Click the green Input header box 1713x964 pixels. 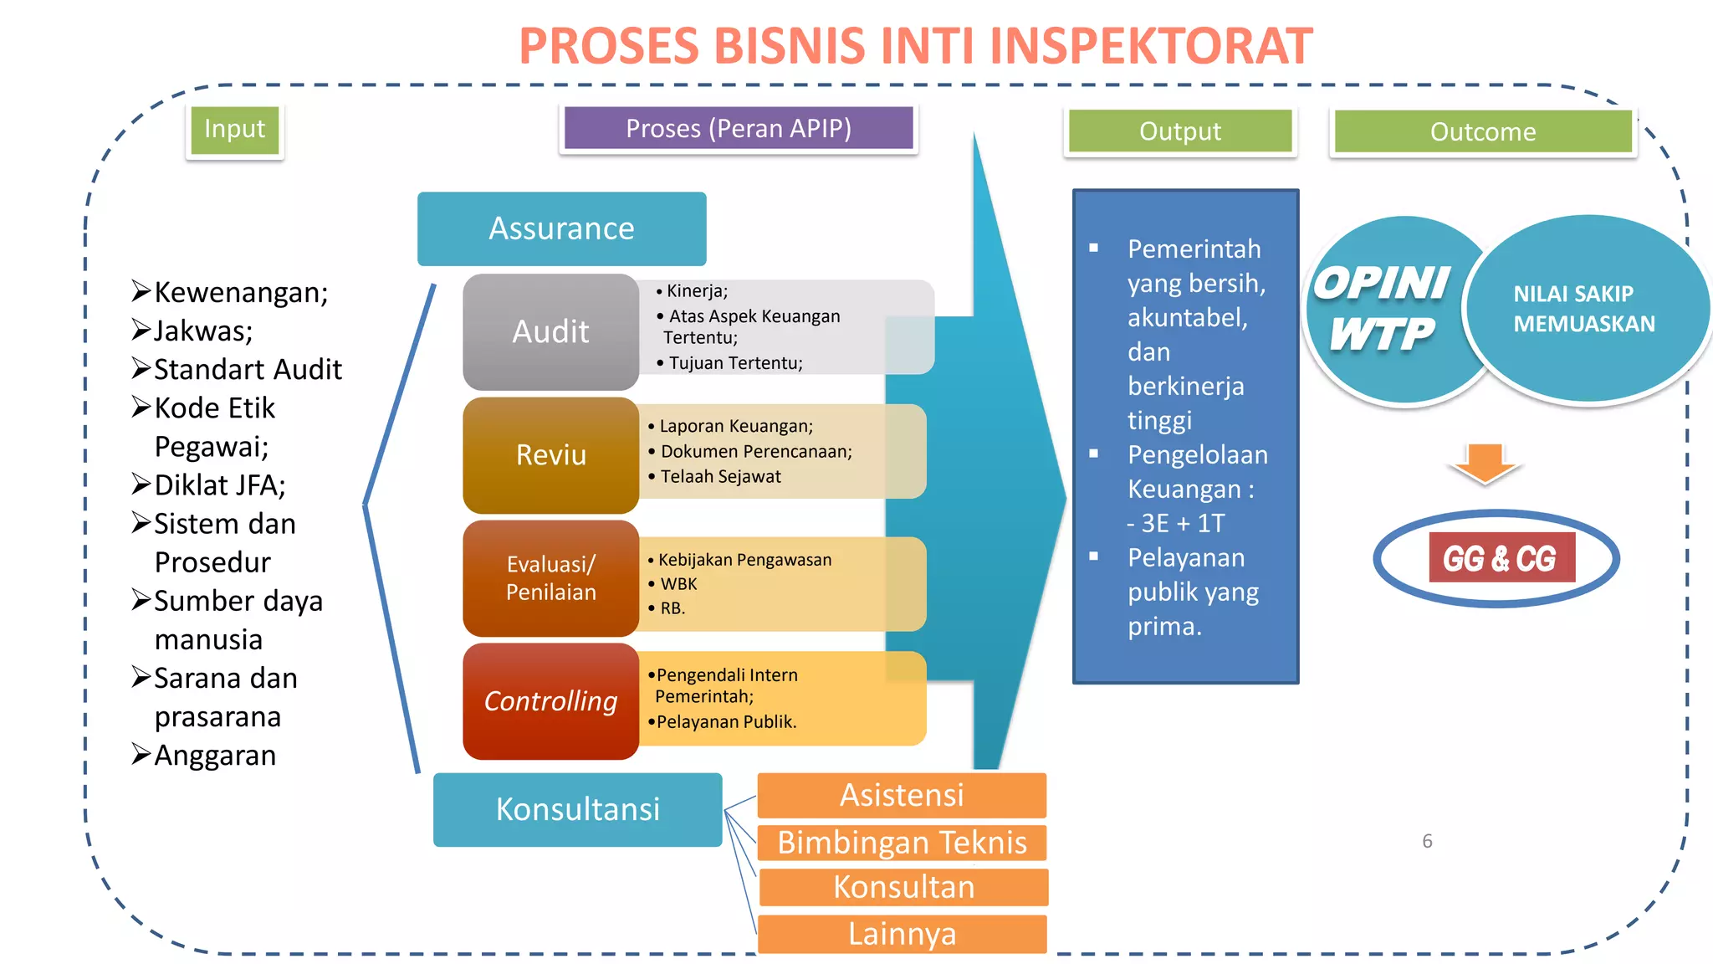(234, 130)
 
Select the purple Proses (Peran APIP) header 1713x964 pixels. (739, 129)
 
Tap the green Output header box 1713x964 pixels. (1179, 131)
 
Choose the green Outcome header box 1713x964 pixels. (1482, 132)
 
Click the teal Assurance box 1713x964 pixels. (561, 228)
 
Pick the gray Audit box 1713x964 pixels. (550, 332)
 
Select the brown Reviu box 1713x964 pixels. (550, 455)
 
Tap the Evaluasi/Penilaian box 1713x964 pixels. (550, 578)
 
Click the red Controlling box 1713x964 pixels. (550, 701)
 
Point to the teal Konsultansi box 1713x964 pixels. (577, 809)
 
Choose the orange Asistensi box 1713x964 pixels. (902, 795)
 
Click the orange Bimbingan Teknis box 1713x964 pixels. (902, 843)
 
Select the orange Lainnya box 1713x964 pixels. (902, 934)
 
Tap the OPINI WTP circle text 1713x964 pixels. (1382, 309)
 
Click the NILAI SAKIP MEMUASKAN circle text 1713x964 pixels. (1583, 309)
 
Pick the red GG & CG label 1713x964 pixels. (1501, 558)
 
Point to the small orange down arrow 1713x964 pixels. (1485, 464)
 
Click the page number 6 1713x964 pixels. (1427, 841)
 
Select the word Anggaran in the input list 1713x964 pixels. (215, 756)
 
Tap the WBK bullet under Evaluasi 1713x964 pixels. (678, 584)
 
